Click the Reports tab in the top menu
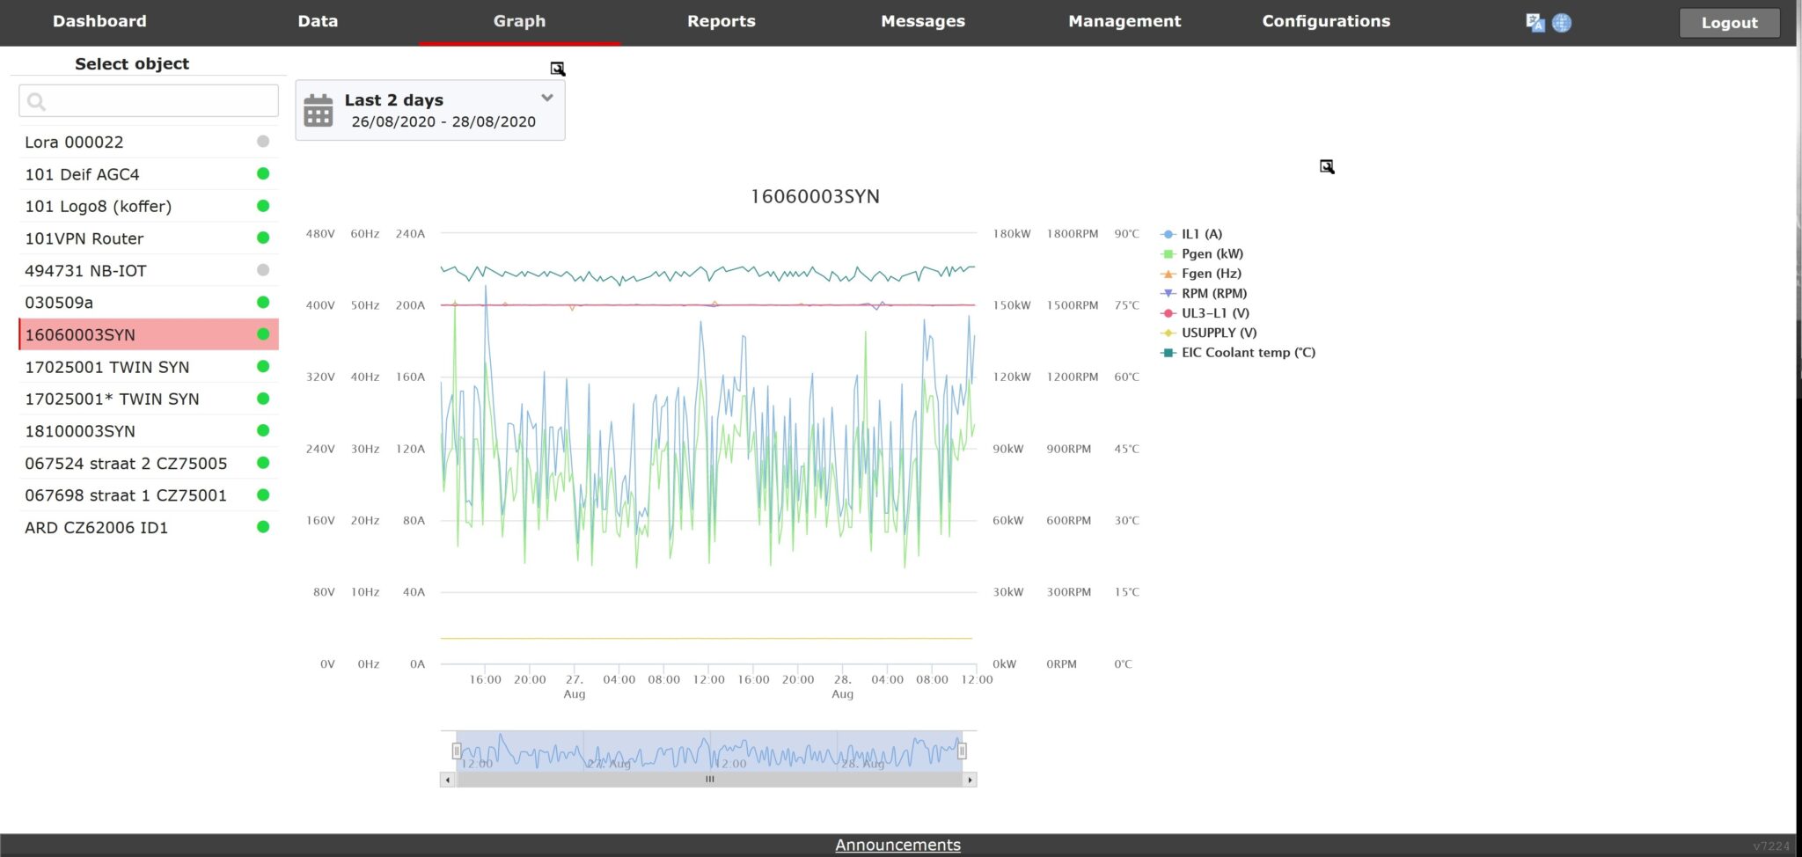(x=721, y=21)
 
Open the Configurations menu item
(x=1325, y=21)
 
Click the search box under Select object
(x=149, y=101)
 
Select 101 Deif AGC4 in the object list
(x=82, y=174)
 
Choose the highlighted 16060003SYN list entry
(x=80, y=335)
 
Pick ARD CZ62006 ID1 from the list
(x=96, y=528)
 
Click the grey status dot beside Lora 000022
(x=263, y=142)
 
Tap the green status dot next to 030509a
(x=263, y=303)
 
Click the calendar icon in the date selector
(x=319, y=111)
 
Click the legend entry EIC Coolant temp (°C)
(x=1248, y=353)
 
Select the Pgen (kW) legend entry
(x=1212, y=253)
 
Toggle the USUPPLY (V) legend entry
(x=1219, y=333)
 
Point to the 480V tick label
(x=320, y=234)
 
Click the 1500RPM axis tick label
(x=1072, y=305)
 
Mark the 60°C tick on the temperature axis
(x=1126, y=377)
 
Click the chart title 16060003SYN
(x=815, y=196)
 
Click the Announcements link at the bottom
(x=897, y=845)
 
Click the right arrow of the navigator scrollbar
(x=970, y=780)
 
